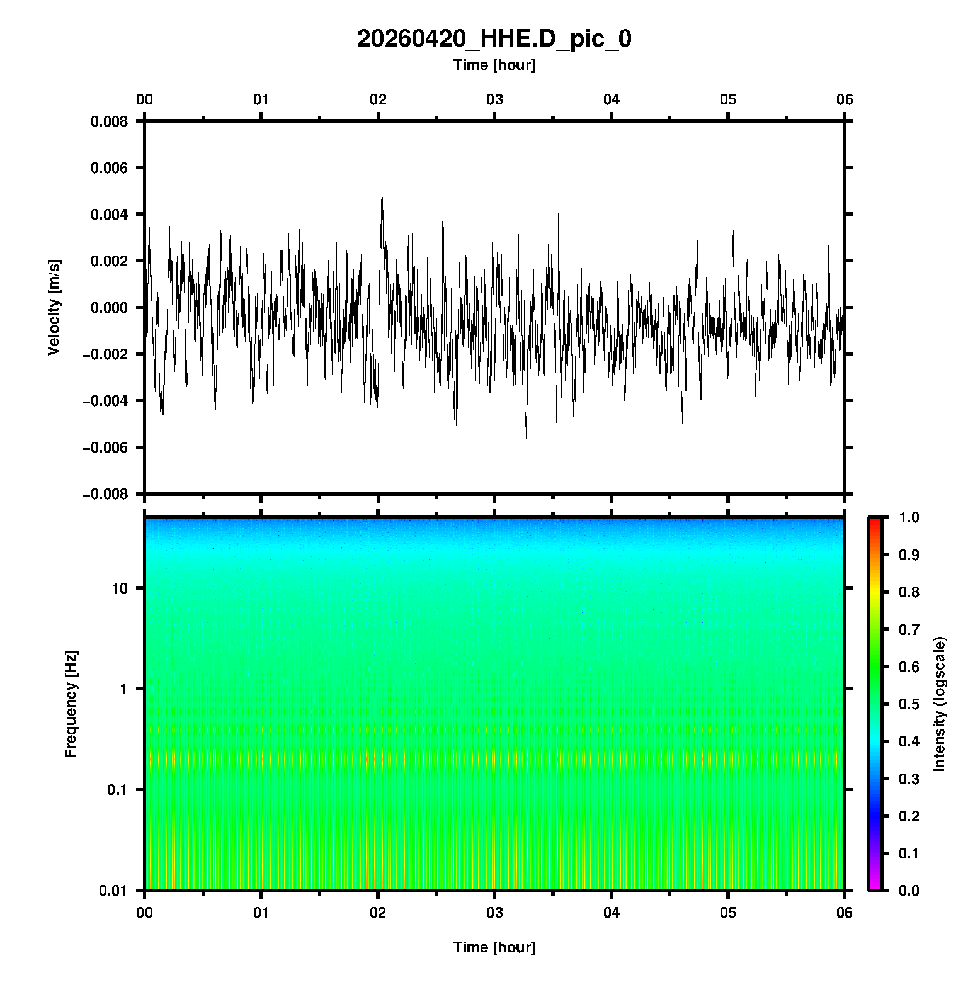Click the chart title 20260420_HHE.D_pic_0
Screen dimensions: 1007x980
494,39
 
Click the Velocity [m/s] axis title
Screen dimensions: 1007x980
54,307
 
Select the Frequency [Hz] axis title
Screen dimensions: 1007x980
71,704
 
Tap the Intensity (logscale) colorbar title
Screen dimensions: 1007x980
940,704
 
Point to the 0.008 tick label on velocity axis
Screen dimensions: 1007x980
109,121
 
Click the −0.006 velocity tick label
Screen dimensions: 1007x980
105,447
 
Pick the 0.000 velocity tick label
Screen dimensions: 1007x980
109,308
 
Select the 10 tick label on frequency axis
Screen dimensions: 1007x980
119,588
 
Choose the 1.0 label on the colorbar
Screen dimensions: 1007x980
909,517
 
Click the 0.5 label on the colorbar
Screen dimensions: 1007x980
909,704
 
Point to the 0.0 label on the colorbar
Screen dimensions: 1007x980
909,890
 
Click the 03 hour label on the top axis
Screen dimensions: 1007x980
494,99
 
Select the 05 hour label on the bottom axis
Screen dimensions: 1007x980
728,913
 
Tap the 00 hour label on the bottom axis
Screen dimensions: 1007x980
145,913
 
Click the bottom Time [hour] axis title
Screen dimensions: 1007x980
494,947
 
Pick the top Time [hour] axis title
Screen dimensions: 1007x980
494,65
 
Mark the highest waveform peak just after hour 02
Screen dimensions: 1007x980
382,198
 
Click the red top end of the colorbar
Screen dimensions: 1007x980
875,520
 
